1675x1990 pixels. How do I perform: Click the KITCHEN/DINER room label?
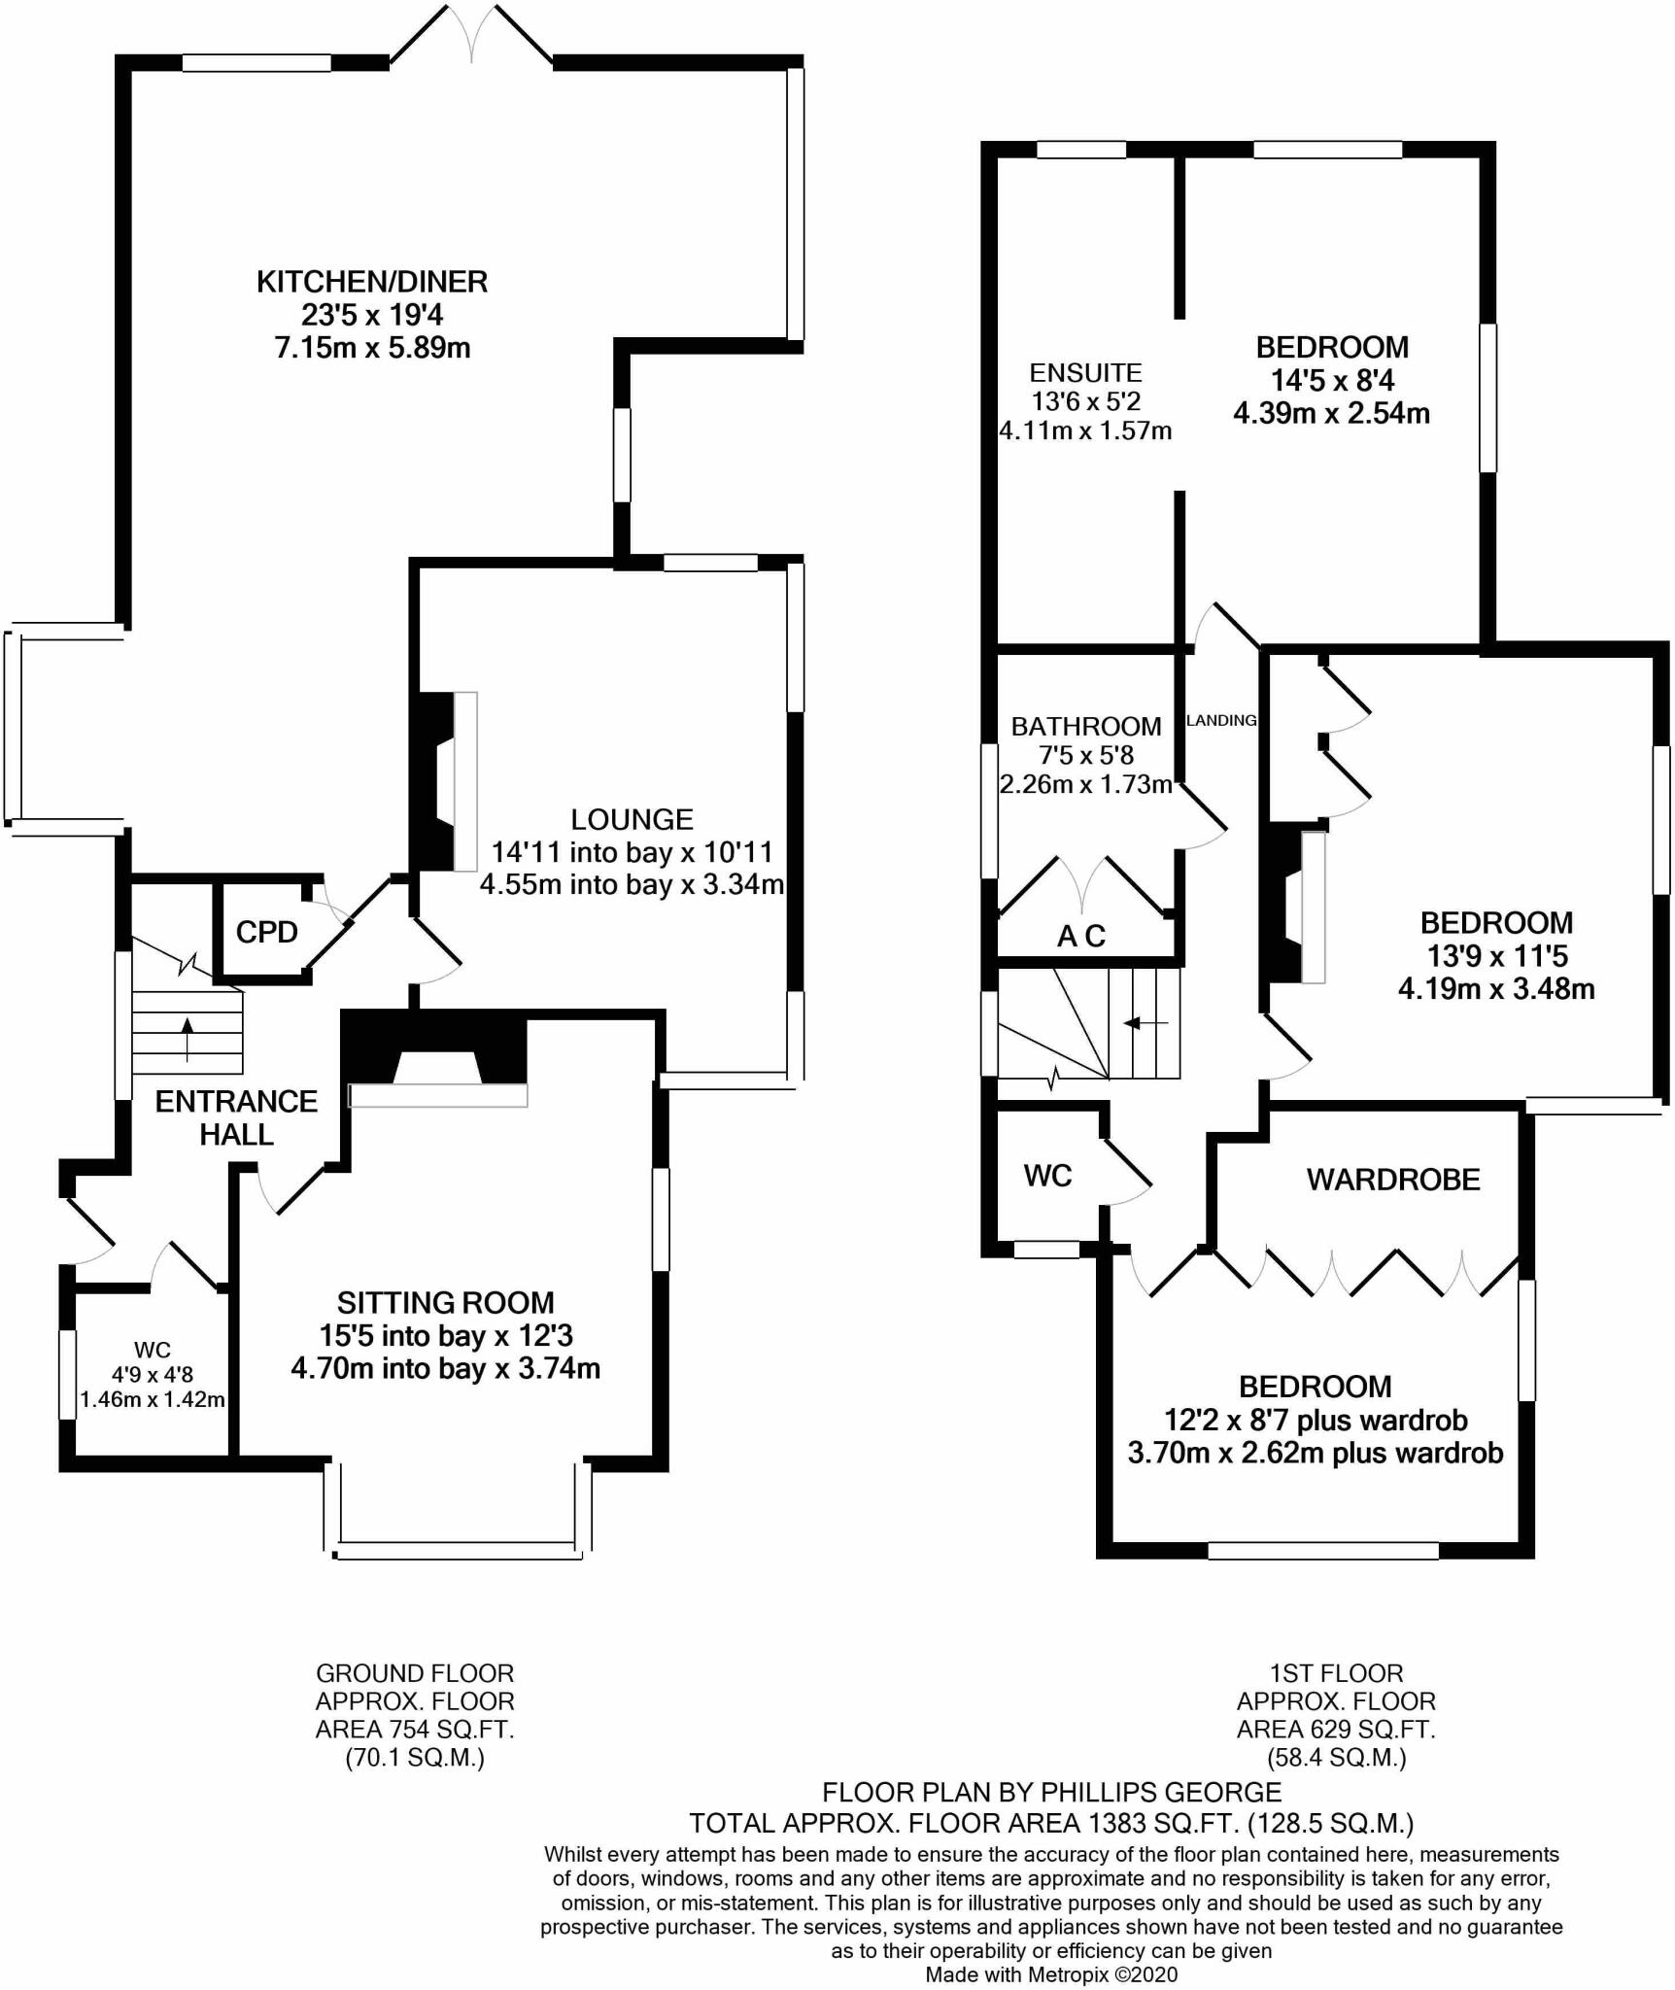coord(372,282)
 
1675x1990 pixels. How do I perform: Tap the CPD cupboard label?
coord(266,933)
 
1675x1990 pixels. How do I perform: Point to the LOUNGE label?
coord(632,820)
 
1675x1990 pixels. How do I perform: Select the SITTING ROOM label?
coord(446,1303)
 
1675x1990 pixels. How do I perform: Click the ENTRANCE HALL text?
coord(236,1117)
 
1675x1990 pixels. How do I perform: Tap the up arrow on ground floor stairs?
coord(187,1038)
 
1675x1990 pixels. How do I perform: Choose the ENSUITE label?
coord(1085,373)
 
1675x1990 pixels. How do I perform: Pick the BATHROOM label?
coord(1085,727)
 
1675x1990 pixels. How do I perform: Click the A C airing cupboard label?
coord(1081,937)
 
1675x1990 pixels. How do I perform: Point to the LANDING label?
coord(1221,721)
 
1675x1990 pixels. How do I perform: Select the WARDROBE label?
coord(1393,1180)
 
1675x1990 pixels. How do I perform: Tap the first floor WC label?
coord(1047,1177)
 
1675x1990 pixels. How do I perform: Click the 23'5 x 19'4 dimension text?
coord(372,315)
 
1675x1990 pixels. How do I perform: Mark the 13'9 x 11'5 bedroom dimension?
coord(1496,956)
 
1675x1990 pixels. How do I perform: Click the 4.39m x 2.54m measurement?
coord(1331,414)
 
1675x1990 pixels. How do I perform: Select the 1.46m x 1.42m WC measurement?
coord(153,1400)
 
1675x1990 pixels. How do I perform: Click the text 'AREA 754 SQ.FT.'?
coord(415,1730)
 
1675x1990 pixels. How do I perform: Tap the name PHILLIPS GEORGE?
coord(1160,1792)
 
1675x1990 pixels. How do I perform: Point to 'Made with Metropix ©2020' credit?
coord(1051,1974)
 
